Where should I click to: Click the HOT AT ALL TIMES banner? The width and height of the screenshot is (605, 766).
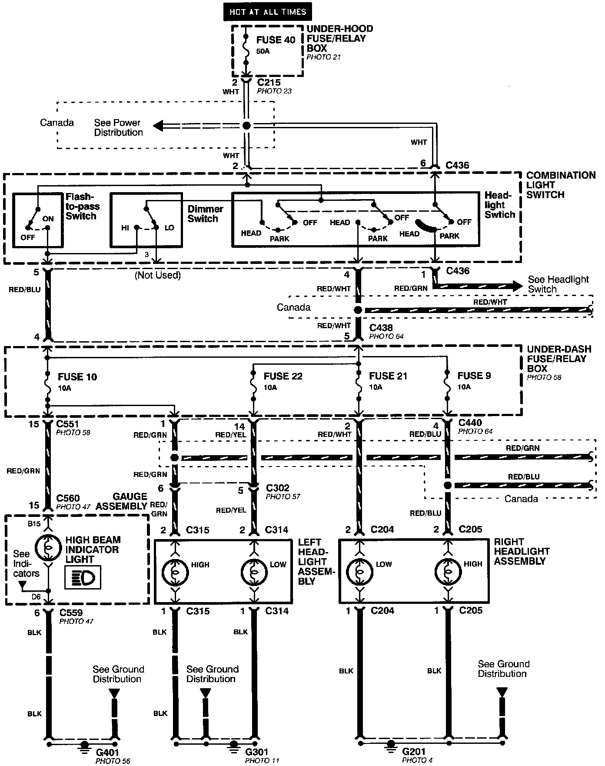268,12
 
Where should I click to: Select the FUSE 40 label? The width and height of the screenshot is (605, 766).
275,40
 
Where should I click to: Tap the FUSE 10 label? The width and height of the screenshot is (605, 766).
77,377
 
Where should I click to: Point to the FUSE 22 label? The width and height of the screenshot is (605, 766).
283,376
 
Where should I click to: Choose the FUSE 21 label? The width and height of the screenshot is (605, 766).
388,376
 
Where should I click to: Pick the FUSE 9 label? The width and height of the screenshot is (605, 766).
474,376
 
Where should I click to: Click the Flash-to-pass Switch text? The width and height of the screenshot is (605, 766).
83,206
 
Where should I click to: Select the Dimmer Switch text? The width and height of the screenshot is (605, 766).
205,213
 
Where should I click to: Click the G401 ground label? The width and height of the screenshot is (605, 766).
107,752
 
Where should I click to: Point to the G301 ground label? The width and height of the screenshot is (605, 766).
257,752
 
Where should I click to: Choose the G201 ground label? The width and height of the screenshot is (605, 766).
414,752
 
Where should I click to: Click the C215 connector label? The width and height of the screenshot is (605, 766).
269,83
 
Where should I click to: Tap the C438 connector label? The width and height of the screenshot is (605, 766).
381,328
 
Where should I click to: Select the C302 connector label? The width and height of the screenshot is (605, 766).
278,488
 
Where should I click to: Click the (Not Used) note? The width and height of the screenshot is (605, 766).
157,275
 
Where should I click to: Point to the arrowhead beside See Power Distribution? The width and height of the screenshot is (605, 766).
158,126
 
